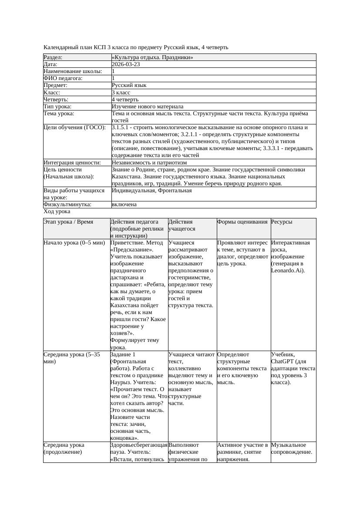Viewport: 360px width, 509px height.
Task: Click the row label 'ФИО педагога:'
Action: [x=63, y=78]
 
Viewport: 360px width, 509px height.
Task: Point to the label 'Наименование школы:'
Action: [x=73, y=71]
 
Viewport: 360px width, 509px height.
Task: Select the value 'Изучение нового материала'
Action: [x=148, y=106]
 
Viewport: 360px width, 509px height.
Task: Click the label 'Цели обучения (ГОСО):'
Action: [x=74, y=127]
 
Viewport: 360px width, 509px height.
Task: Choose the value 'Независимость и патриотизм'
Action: [x=148, y=162]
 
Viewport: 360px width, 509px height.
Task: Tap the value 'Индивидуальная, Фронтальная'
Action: [x=151, y=190]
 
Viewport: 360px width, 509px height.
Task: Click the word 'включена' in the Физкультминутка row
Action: [x=124, y=204]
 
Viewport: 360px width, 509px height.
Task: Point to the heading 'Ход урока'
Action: [x=57, y=211]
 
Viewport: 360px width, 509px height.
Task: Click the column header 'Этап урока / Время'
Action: [x=68, y=221]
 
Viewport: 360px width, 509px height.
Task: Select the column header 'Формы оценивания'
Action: [x=242, y=221]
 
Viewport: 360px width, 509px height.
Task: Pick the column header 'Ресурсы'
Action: [x=282, y=221]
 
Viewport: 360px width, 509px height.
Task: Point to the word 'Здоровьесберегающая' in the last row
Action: [x=139, y=445]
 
